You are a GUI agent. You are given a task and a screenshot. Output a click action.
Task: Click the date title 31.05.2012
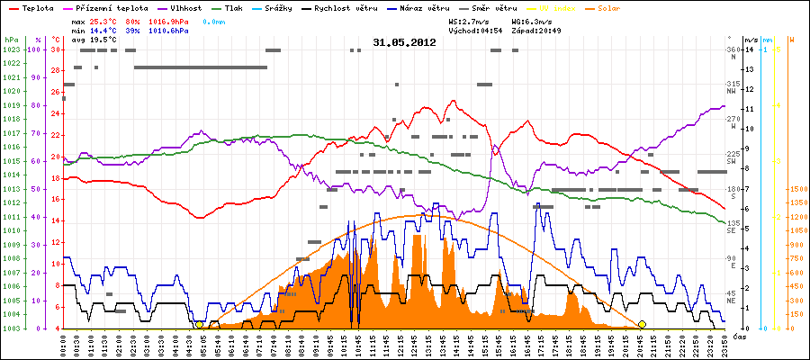(404, 42)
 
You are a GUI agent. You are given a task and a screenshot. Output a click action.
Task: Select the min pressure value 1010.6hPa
(167, 30)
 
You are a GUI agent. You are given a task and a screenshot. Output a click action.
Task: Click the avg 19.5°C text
(94, 40)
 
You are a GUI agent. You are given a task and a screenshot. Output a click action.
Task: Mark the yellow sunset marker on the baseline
(642, 324)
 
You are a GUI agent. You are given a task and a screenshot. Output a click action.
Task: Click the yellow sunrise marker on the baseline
(199, 324)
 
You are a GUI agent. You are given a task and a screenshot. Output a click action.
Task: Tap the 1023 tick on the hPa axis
(11, 49)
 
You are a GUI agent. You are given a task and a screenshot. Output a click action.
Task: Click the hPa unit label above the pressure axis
(11, 40)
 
